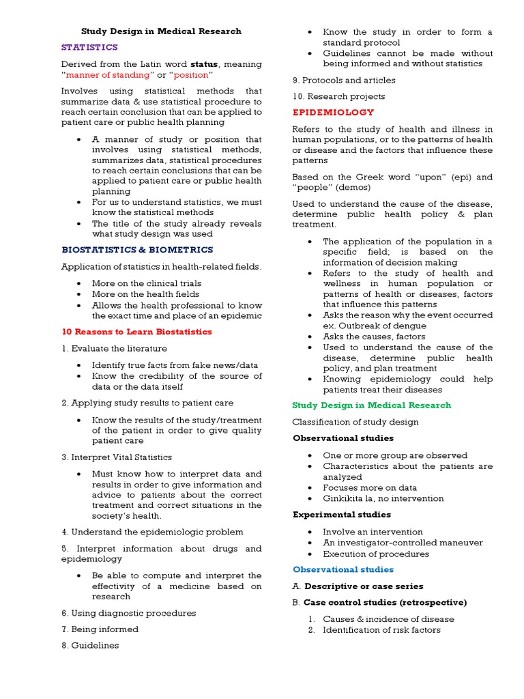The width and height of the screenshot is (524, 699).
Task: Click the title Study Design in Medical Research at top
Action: coord(161,31)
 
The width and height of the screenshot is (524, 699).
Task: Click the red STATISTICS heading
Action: coord(89,48)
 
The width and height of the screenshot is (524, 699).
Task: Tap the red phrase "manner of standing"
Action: coord(108,75)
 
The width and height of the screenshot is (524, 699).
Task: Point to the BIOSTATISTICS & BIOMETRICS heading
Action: coord(137,250)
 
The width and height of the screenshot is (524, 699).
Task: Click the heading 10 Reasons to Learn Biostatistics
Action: coord(136,332)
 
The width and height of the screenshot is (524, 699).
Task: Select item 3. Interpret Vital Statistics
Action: coord(116,457)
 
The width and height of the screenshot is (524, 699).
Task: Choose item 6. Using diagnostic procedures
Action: coord(128,613)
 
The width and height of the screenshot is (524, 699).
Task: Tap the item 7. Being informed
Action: coord(100,629)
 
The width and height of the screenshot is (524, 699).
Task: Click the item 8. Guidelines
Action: coord(90,646)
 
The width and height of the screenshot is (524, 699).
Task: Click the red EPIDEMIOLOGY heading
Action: coord(323,113)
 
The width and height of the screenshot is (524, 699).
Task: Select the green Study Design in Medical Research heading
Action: coord(372,405)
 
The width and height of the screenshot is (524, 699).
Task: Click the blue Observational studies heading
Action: coord(343,569)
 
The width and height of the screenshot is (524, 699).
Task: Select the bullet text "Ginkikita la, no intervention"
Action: coord(383,498)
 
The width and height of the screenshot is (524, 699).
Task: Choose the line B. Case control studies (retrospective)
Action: coord(379,603)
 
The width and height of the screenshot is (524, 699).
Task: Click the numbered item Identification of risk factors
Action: coord(382,630)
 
